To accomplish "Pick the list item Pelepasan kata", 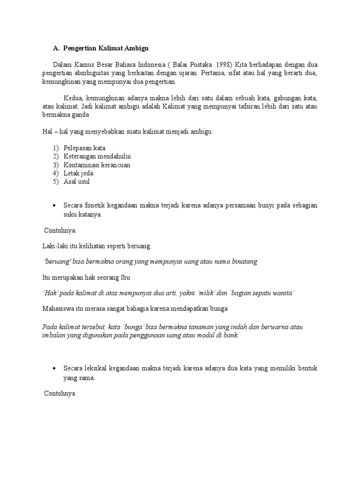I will (x=84, y=148).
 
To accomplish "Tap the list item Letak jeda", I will (x=78, y=173).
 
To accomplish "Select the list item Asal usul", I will (x=76, y=181).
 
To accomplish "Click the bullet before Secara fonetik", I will (x=54, y=206).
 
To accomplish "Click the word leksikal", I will (x=98, y=368).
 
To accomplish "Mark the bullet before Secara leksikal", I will (x=54, y=369).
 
